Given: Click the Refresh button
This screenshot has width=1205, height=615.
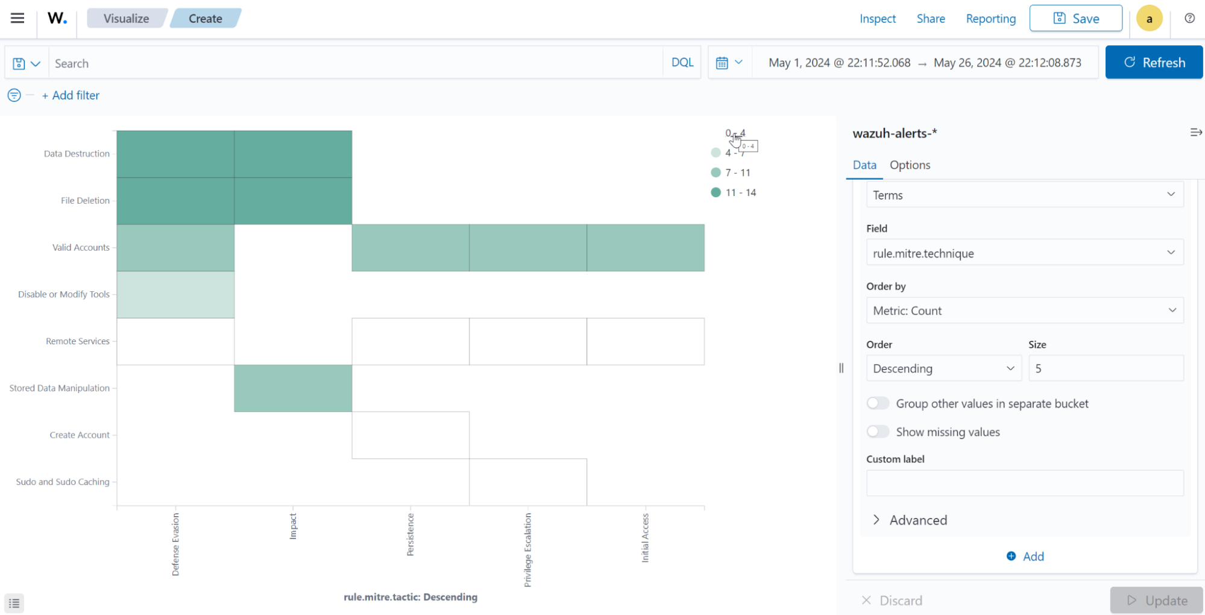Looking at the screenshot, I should (x=1154, y=63).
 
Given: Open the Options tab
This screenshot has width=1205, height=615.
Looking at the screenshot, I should (x=910, y=165).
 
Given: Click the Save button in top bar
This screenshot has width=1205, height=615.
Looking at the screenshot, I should (x=1076, y=19).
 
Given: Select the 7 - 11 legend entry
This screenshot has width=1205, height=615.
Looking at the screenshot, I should (x=737, y=173).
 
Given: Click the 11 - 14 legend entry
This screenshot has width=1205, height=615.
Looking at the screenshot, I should (x=740, y=193).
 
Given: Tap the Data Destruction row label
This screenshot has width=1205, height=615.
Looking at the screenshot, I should (x=77, y=154).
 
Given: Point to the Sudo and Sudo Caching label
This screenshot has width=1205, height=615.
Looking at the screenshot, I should (x=63, y=482).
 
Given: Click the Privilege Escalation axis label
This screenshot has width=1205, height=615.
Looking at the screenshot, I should (x=528, y=549).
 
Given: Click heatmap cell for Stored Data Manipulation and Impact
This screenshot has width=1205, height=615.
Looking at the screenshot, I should (x=293, y=388).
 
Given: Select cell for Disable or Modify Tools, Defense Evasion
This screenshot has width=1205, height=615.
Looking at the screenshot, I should (x=175, y=295).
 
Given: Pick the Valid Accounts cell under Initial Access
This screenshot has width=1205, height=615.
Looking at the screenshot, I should (x=645, y=248).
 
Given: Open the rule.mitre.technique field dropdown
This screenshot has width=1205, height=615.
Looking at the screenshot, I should (x=1024, y=253).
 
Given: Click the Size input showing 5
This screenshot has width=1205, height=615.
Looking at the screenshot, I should (x=1105, y=368).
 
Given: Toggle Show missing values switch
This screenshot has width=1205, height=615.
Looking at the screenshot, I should (x=878, y=432).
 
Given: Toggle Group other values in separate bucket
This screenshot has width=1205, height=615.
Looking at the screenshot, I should (x=878, y=403).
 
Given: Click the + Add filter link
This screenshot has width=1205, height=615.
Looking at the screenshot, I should (x=71, y=95).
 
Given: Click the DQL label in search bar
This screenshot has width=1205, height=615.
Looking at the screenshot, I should (x=682, y=63).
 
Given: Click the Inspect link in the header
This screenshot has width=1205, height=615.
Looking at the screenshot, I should (x=877, y=19).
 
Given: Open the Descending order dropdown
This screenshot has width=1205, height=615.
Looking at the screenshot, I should (x=943, y=368).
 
